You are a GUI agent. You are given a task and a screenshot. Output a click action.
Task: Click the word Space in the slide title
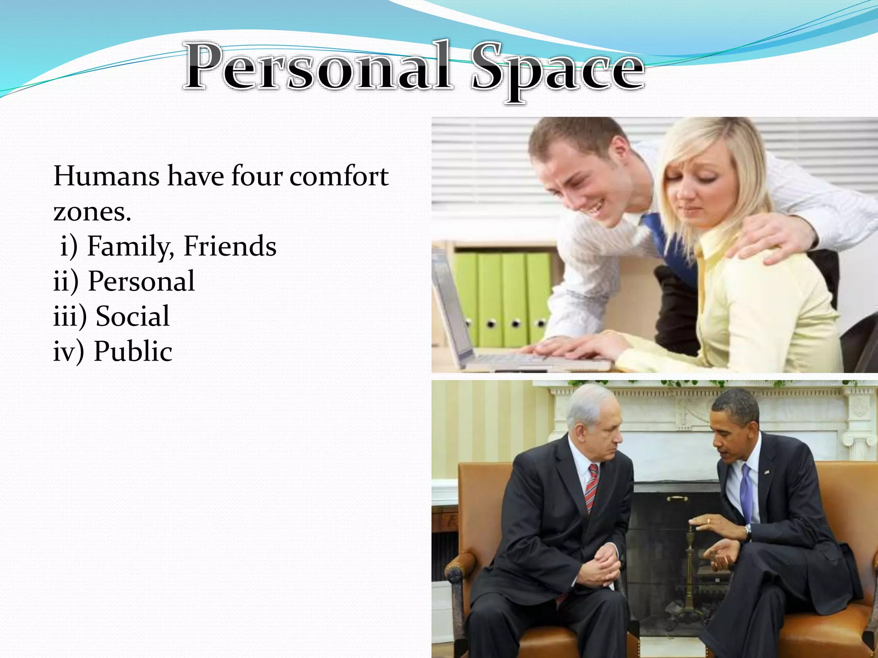[557, 71]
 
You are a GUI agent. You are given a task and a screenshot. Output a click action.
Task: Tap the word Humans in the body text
[105, 176]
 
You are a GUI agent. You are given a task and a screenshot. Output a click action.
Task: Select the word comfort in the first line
[339, 176]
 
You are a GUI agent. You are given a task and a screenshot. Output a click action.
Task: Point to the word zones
[92, 212]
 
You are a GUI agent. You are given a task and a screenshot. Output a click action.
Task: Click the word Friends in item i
[230, 246]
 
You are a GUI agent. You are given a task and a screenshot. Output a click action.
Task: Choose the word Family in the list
[129, 247]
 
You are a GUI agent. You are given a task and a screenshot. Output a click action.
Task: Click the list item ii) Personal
[124, 281]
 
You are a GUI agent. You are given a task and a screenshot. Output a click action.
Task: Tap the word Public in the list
[133, 352]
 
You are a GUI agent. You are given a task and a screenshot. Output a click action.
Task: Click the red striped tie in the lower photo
[592, 488]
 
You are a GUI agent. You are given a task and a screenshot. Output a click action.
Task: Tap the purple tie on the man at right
[746, 493]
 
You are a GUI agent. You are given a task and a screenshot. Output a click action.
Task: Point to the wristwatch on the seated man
[749, 532]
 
